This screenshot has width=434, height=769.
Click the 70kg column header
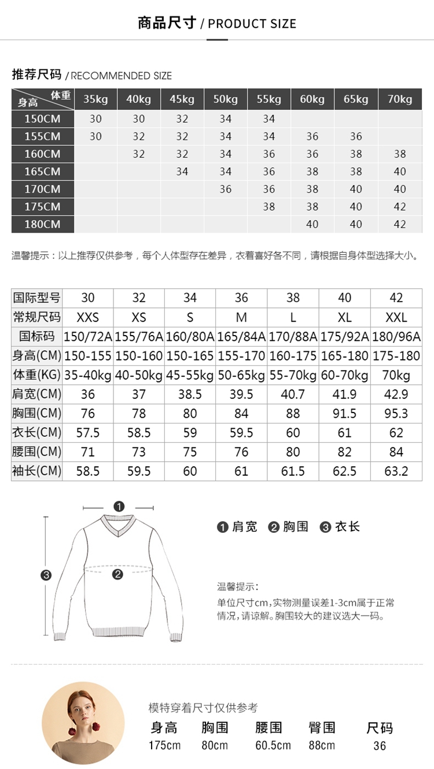[x=400, y=99]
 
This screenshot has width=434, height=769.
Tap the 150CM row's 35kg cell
[x=95, y=119]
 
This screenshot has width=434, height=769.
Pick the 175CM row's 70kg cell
[x=400, y=207]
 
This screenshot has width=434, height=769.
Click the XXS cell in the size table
[x=88, y=317]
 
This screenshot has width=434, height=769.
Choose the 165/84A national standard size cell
[x=241, y=337]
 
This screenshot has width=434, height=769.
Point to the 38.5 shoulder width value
[x=190, y=394]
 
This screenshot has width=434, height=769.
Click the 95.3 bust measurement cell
[x=396, y=414]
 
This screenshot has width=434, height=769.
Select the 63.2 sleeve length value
[x=396, y=472]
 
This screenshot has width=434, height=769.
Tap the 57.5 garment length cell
[x=88, y=433]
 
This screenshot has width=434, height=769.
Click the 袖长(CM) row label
[x=36, y=472]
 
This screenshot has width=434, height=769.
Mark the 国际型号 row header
[x=36, y=298]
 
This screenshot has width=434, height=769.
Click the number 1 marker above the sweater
[x=119, y=506]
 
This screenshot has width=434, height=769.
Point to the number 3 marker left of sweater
[x=46, y=575]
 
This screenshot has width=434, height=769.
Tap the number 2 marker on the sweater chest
[x=118, y=575]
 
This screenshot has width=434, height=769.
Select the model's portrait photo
[x=83, y=715]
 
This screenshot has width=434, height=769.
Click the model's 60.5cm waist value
[x=273, y=745]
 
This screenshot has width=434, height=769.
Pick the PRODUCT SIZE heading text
[x=252, y=24]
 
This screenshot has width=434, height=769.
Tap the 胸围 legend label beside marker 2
[x=296, y=527]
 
